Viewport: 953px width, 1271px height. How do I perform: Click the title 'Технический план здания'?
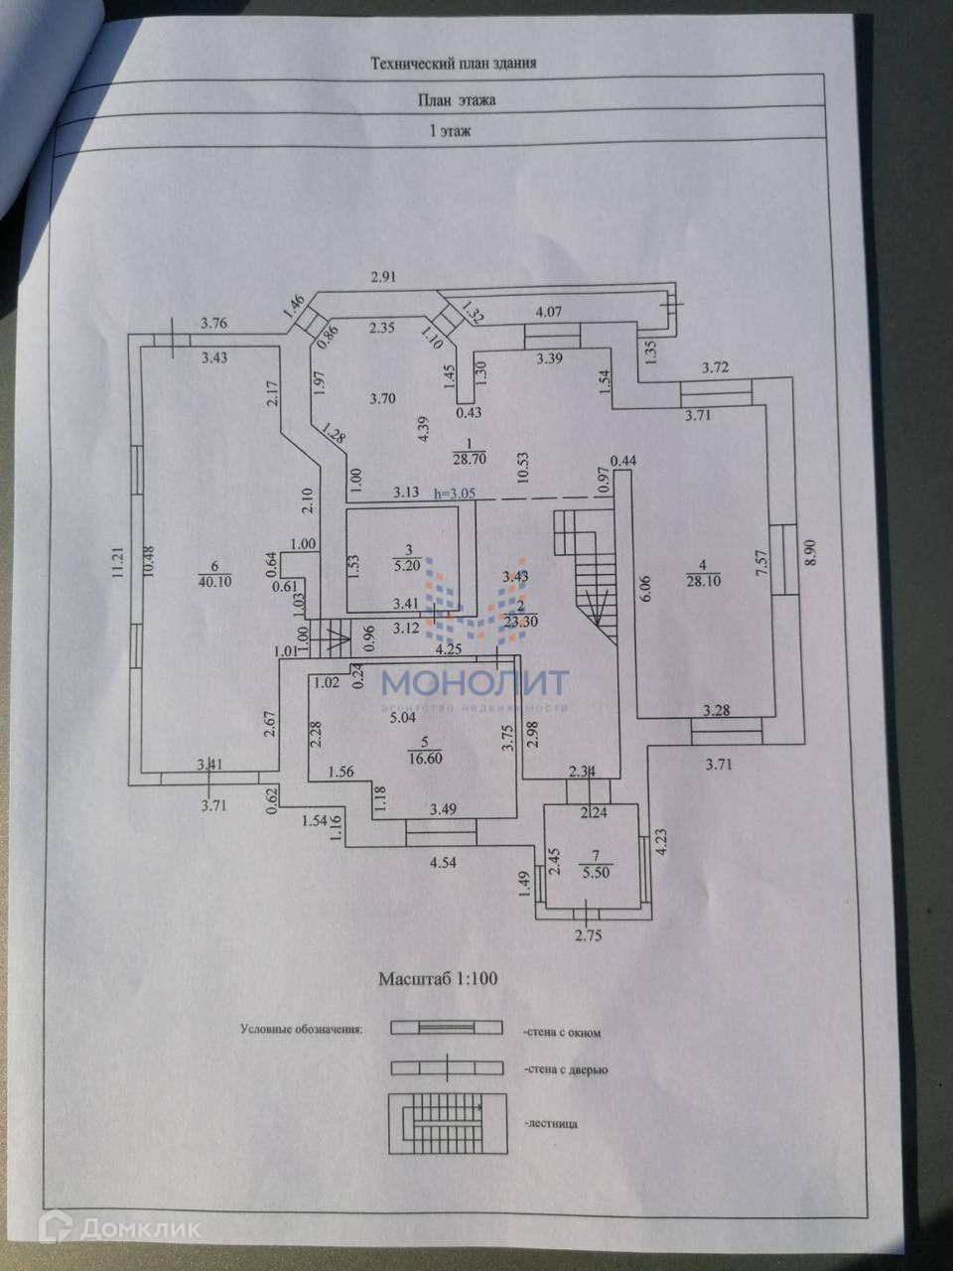[x=454, y=63]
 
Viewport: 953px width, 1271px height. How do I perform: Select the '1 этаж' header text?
[x=449, y=130]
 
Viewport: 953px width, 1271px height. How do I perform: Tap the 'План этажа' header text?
[x=456, y=99]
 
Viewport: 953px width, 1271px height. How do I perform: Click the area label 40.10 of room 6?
[x=214, y=583]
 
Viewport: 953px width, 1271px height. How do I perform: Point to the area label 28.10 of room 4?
[x=703, y=583]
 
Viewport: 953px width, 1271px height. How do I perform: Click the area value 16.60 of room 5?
[x=424, y=757]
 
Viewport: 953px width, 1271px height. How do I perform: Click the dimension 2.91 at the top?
[x=383, y=277]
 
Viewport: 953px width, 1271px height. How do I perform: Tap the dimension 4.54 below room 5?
[x=443, y=862]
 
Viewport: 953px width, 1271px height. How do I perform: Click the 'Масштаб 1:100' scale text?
[x=438, y=978]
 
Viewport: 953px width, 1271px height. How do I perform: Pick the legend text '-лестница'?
[x=550, y=1124]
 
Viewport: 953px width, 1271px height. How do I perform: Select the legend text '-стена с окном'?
[x=562, y=1033]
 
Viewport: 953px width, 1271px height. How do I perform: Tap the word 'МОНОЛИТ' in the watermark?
[x=476, y=682]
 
